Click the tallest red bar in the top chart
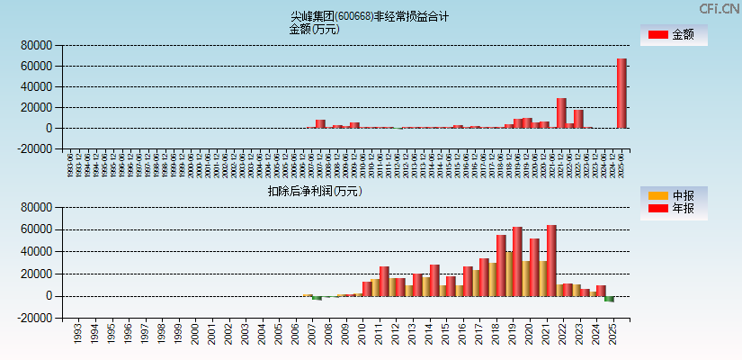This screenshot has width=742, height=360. pos(621,94)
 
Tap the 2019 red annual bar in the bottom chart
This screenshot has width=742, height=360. pos(517,262)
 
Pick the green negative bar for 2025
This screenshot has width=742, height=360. pos(609,299)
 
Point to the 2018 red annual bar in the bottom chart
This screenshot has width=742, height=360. pos(501,265)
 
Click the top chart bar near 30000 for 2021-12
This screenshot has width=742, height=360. pos(561,112)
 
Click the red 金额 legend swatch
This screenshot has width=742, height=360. pos(658,35)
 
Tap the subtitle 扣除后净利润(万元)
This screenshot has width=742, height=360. pos(314,191)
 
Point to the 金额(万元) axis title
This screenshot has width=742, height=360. pos(314,29)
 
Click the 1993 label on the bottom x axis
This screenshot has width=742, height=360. pos(77,334)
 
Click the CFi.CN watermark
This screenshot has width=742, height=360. pos(719,9)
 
